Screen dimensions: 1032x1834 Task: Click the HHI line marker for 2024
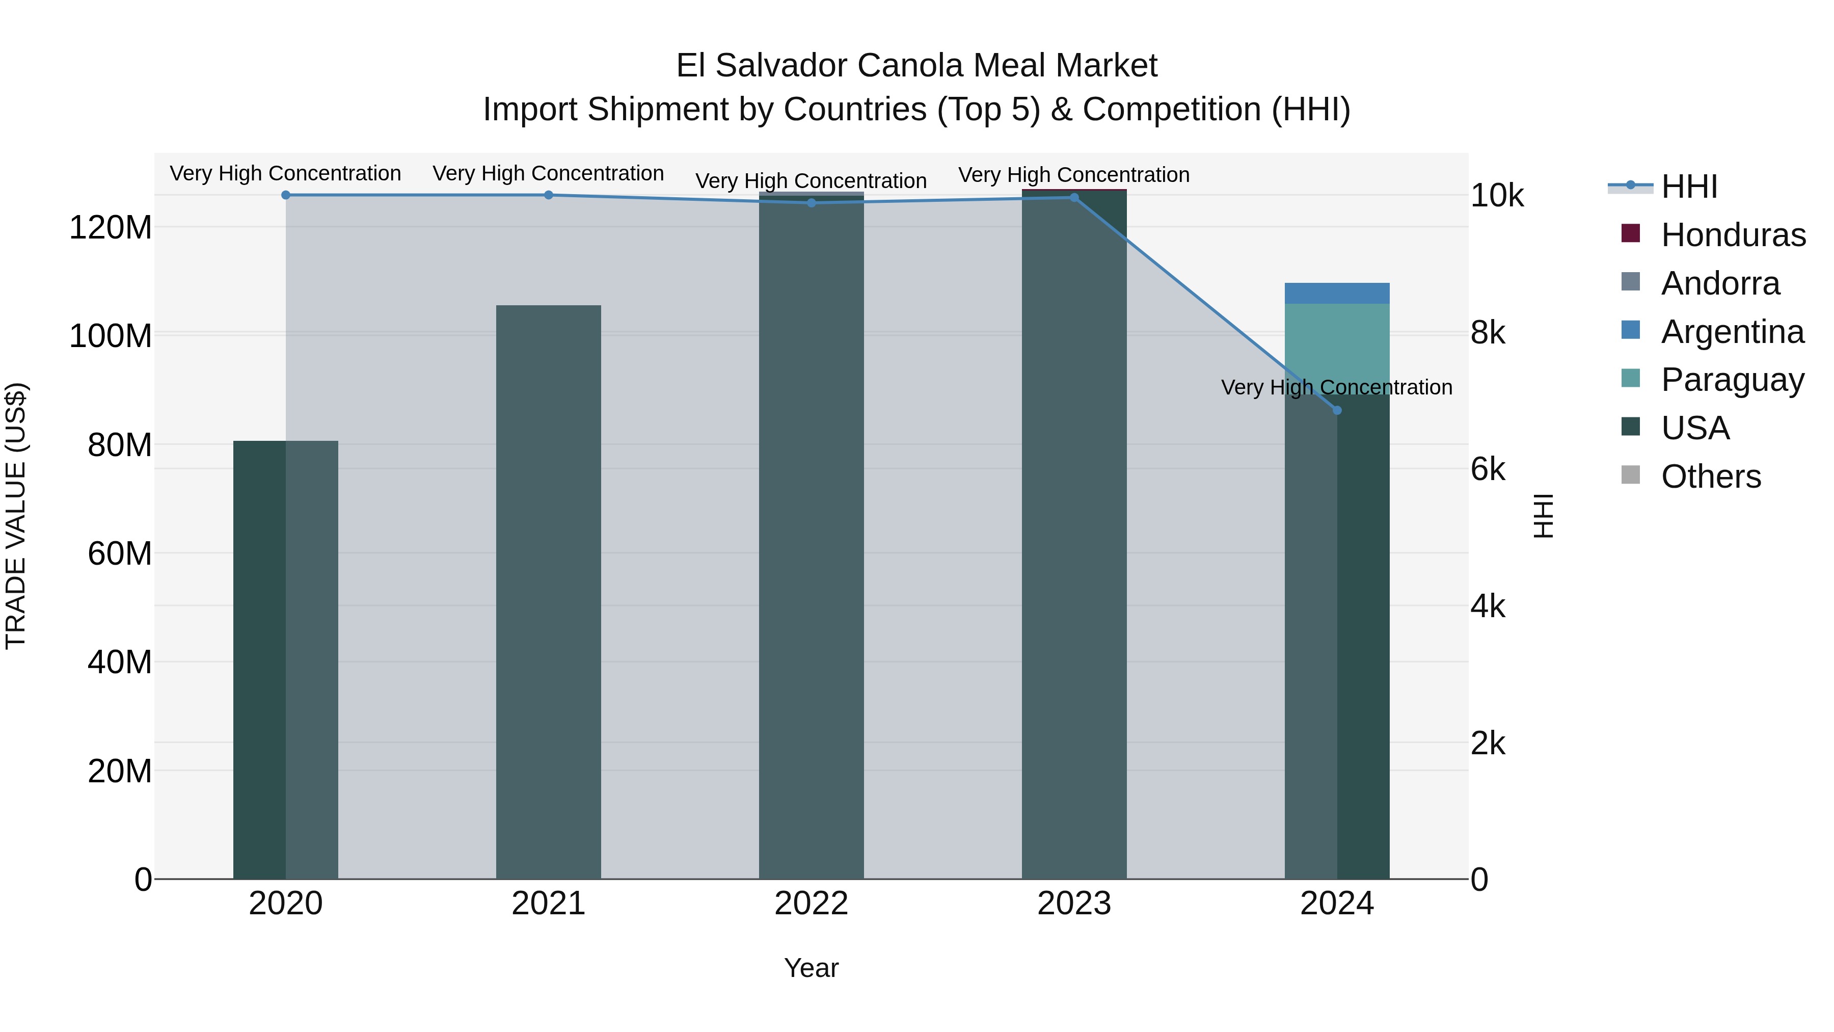[1336, 410]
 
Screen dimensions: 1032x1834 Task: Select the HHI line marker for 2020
[285, 195]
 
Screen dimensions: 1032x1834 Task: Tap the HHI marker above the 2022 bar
[811, 203]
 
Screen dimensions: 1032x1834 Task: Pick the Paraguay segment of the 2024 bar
[1336, 342]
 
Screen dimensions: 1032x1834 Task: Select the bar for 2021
[548, 591]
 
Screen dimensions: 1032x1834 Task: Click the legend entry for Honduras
[1732, 235]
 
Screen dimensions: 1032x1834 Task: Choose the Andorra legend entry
[1719, 283]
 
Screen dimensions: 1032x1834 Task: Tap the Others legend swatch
[1630, 475]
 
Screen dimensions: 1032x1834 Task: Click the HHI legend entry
[1688, 187]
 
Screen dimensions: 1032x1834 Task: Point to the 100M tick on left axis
[111, 335]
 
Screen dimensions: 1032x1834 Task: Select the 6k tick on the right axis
[1488, 469]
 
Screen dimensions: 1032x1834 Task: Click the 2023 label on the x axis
[1073, 904]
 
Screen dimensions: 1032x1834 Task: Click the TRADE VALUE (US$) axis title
[16, 516]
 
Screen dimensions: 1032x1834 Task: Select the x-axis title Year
[811, 968]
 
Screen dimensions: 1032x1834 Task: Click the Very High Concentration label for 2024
[1336, 387]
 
